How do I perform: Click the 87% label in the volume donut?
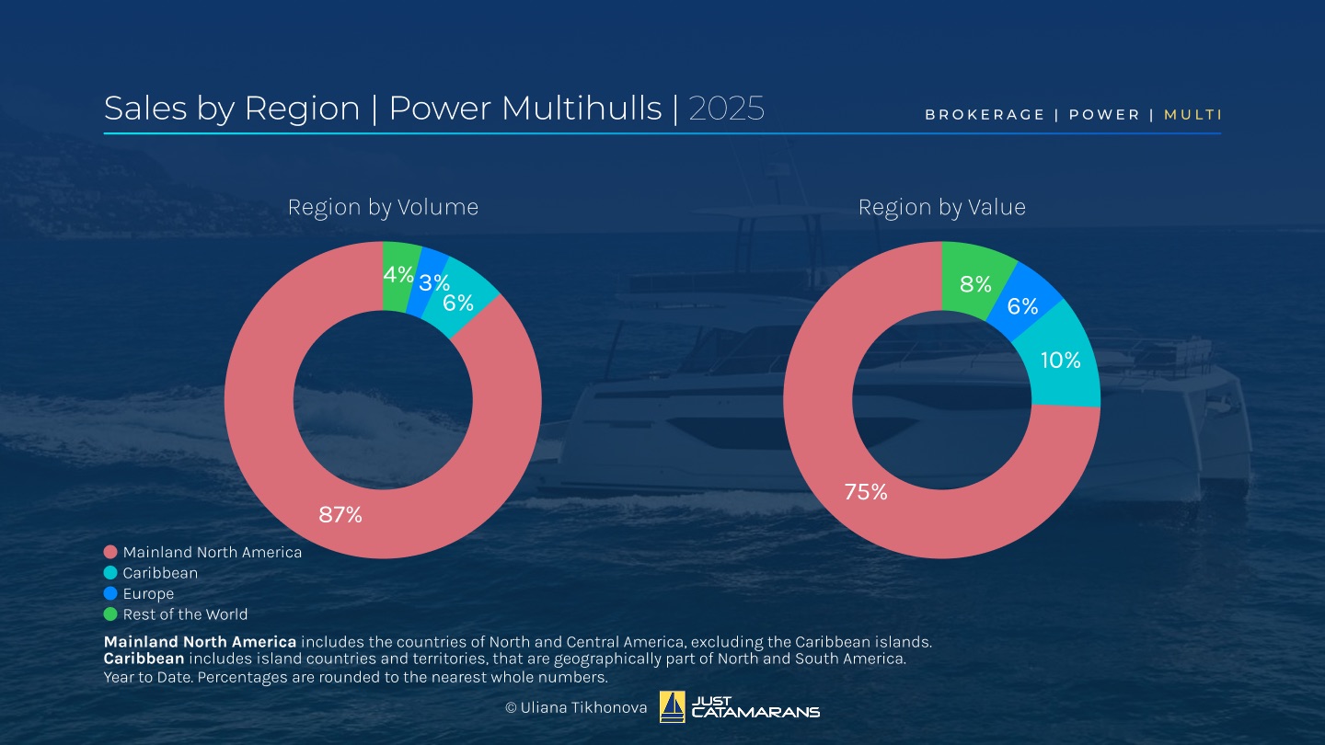(340, 515)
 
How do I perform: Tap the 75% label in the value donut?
(866, 492)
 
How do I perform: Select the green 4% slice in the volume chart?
(399, 275)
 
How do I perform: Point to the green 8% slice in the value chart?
(975, 283)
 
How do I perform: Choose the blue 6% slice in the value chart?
(1022, 306)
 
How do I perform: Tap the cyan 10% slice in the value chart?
(1061, 361)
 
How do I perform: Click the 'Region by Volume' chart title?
(383, 208)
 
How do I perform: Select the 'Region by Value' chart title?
(941, 208)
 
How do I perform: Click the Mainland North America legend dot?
(110, 553)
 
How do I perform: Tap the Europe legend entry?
(148, 594)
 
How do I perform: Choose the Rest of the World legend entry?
(185, 614)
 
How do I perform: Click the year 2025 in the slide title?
(727, 109)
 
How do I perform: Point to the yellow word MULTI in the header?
(1192, 115)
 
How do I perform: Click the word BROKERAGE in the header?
(985, 115)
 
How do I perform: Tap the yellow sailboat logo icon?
(673, 707)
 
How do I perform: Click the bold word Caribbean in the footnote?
(144, 659)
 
